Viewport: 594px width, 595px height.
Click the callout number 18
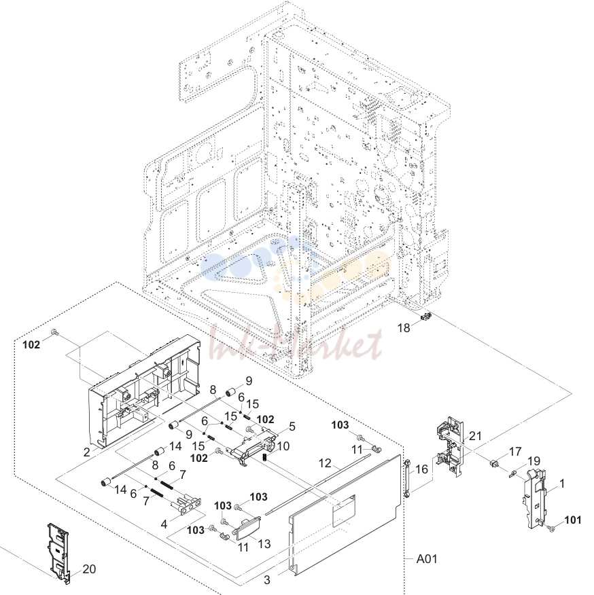(404, 327)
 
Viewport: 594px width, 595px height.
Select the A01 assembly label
(427, 559)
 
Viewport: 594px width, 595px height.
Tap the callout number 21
(475, 436)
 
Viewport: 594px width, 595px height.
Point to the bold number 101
(573, 520)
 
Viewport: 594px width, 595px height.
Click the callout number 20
(89, 569)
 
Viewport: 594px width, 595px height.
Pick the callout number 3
(267, 580)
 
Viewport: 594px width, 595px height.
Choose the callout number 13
(264, 543)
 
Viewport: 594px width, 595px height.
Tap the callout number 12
(325, 463)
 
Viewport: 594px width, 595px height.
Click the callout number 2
(86, 452)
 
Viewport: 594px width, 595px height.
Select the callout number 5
(292, 426)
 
